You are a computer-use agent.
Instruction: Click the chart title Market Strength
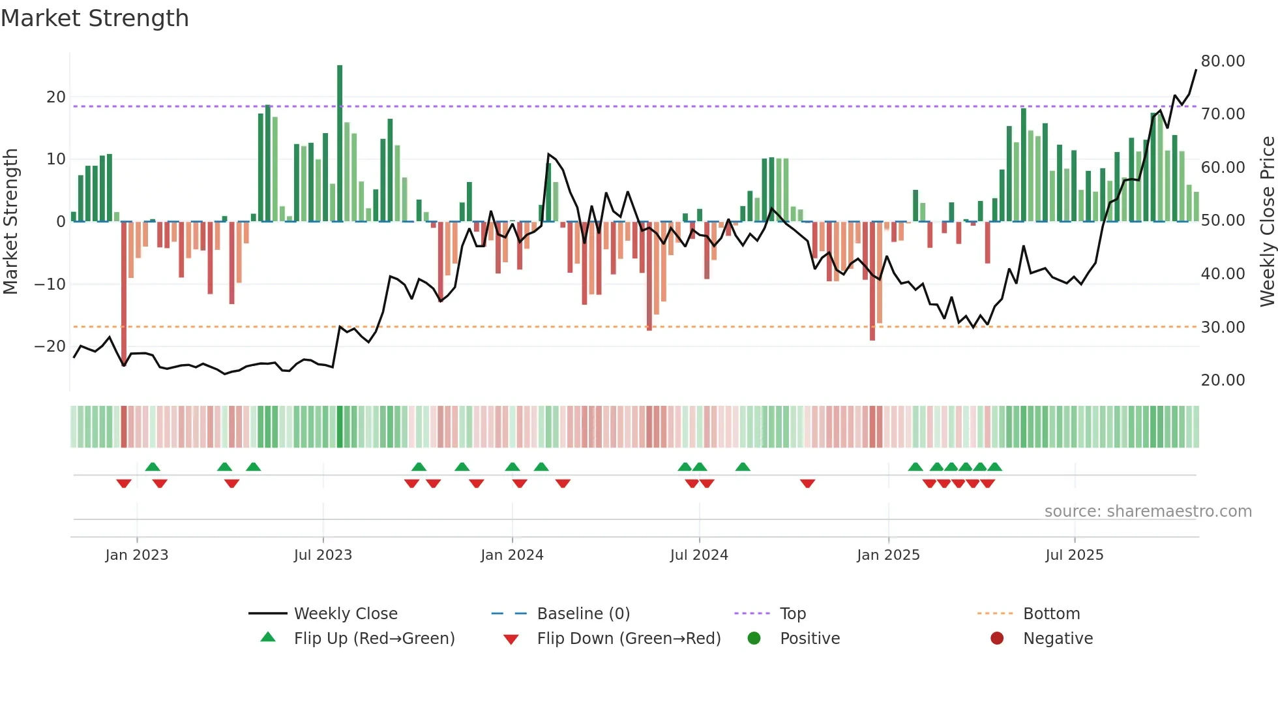coord(95,18)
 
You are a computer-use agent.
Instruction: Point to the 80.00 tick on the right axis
coord(1223,61)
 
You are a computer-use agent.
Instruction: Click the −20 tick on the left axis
coord(50,346)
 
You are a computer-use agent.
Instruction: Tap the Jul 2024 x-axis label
coord(699,555)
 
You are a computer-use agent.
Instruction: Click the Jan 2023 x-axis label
coord(137,555)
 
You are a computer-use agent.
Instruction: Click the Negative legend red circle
coord(997,638)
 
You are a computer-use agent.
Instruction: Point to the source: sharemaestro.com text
coord(1148,511)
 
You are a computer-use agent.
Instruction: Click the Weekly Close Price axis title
coord(1267,222)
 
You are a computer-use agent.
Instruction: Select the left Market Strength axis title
coord(10,222)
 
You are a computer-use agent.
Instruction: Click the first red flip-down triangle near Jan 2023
coord(124,483)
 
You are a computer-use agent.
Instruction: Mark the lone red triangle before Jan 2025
coord(807,483)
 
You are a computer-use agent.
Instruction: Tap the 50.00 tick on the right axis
coord(1223,220)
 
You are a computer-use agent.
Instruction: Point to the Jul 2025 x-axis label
coord(1074,555)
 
